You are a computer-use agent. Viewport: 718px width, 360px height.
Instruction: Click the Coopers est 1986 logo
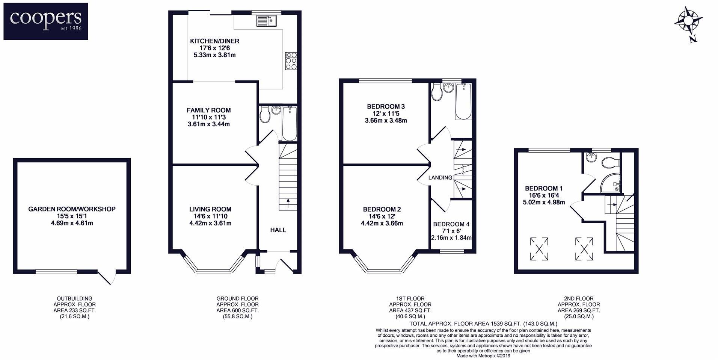click(46, 21)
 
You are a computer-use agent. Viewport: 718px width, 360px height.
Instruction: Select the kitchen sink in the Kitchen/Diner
click(266, 21)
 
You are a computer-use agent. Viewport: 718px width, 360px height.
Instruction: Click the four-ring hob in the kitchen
click(291, 61)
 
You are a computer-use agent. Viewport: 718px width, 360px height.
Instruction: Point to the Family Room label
click(209, 110)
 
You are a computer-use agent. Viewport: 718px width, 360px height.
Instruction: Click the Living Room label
click(210, 209)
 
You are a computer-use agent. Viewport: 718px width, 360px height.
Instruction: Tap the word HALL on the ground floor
click(278, 230)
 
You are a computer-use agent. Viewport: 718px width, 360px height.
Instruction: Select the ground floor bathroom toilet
click(265, 114)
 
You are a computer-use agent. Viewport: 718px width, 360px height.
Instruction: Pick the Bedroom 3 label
click(386, 107)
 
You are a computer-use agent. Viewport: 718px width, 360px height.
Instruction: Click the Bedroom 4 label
click(451, 224)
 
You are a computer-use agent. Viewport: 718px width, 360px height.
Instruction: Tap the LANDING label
click(440, 177)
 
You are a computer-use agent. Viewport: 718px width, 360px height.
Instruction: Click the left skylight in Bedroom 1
click(539, 249)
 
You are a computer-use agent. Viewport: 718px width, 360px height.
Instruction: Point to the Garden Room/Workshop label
click(72, 209)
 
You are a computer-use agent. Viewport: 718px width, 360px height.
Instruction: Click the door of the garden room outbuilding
click(106, 277)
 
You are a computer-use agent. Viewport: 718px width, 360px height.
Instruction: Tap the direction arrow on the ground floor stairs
click(288, 203)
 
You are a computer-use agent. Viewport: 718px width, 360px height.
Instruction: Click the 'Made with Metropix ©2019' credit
click(483, 355)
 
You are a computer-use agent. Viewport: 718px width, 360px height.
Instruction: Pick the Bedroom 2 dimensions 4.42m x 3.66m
click(382, 223)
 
